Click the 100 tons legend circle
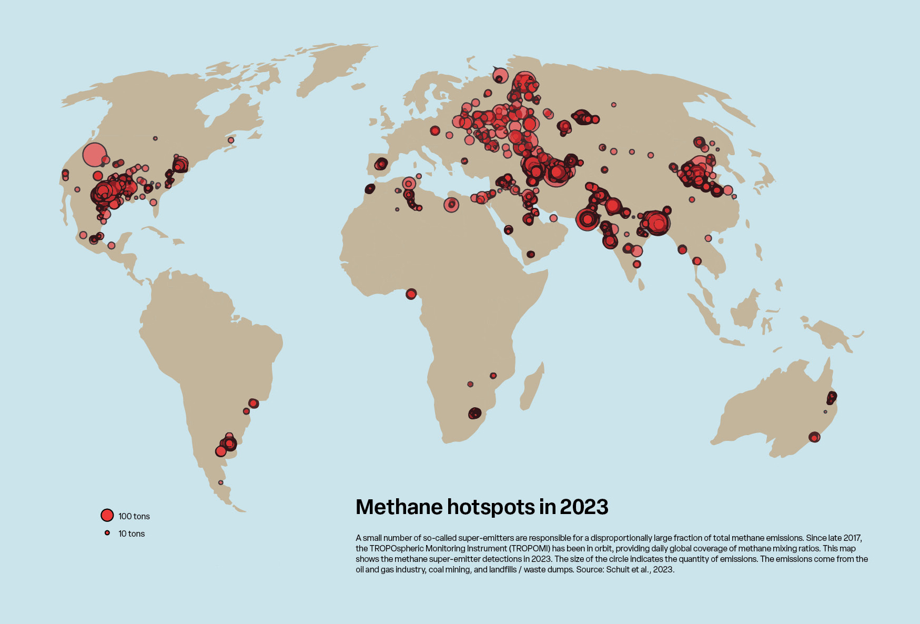pyautogui.click(x=107, y=515)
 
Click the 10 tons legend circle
pyautogui.click(x=107, y=533)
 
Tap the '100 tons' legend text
pyautogui.click(x=134, y=516)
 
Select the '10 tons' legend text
pyautogui.click(x=132, y=534)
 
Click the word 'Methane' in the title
pyautogui.click(x=399, y=507)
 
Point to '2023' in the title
pyautogui.click(x=584, y=507)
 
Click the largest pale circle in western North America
pyautogui.click(x=95, y=155)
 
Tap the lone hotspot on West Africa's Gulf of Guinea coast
pyautogui.click(x=411, y=294)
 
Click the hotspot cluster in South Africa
pyautogui.click(x=474, y=414)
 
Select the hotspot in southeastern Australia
pyautogui.click(x=814, y=437)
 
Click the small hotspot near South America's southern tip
pyautogui.click(x=221, y=482)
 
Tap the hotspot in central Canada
pyautogui.click(x=155, y=138)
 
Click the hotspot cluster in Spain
pyautogui.click(x=381, y=164)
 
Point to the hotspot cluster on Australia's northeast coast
pyautogui.click(x=831, y=397)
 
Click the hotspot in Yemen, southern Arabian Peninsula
pyautogui.click(x=530, y=255)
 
